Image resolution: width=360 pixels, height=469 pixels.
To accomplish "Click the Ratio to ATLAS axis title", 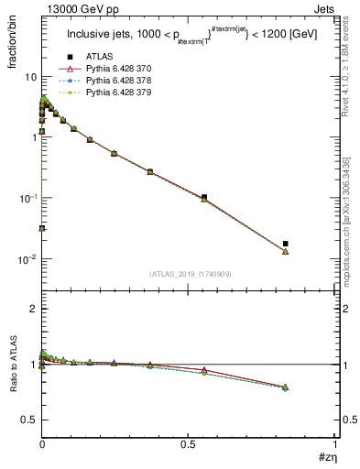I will pyautogui.click(x=12, y=370).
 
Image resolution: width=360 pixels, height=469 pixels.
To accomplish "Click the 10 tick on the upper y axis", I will pyautogui.click(x=30, y=76).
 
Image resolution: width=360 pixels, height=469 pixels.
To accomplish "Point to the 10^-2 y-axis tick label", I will pyautogui.click(x=26, y=259).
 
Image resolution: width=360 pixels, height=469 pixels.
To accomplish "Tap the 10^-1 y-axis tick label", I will pyautogui.click(x=26, y=198).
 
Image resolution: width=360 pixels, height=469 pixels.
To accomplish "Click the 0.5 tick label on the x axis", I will pyautogui.click(x=189, y=444).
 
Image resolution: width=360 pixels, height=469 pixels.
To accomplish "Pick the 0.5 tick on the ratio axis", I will pyautogui.click(x=28, y=420).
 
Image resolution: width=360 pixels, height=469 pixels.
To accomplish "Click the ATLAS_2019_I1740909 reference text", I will pyautogui.click(x=190, y=274).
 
